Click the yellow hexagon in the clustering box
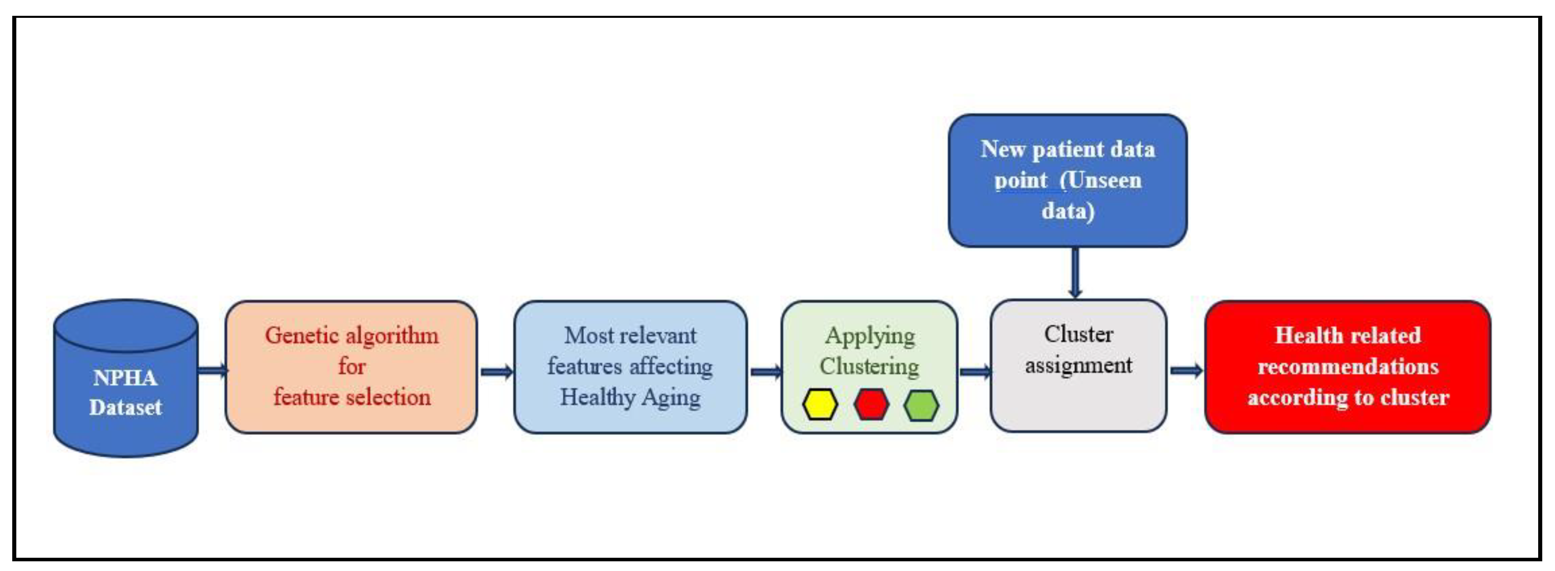[820, 404]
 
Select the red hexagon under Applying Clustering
[871, 404]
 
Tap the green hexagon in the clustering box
[921, 404]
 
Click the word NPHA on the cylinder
[125, 378]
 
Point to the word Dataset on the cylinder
[125, 407]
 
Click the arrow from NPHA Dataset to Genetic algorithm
[213, 370]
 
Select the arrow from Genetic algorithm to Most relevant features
[496, 371]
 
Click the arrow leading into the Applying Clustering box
[765, 371]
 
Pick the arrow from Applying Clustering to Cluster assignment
[973, 371]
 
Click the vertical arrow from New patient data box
[1074, 273]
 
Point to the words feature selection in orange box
[352, 397]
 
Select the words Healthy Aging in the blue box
[629, 397]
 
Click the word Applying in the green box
[869, 335]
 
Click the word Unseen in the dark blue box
[1104, 180]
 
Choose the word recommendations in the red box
[1348, 367]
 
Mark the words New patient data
[1067, 149]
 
